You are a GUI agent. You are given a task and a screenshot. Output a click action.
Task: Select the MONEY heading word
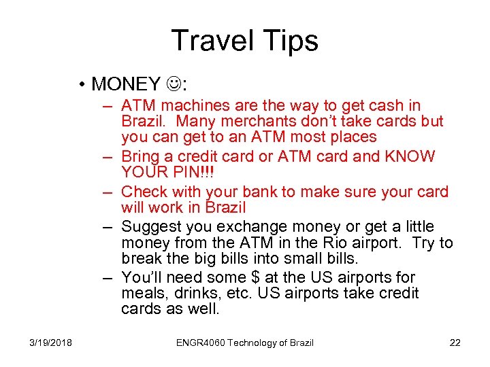[125, 84]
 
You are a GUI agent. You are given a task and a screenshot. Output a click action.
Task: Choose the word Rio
[333, 243]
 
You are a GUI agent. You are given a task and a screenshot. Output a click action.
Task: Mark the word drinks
[197, 293]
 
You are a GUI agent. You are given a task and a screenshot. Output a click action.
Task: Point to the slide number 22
[455, 343]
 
